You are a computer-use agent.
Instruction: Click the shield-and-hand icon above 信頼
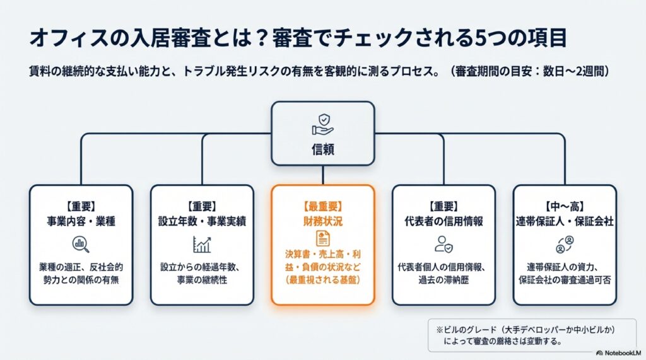(x=323, y=124)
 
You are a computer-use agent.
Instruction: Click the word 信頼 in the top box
(x=323, y=149)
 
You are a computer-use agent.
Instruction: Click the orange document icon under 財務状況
(x=323, y=238)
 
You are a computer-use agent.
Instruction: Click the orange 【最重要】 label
(x=323, y=207)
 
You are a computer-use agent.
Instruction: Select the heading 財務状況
(x=323, y=221)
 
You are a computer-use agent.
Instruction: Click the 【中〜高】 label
(x=565, y=207)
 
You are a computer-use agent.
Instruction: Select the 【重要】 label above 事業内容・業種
(x=81, y=207)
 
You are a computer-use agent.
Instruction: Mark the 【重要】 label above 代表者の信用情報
(x=443, y=207)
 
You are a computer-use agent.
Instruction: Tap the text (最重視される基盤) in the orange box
(x=323, y=280)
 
